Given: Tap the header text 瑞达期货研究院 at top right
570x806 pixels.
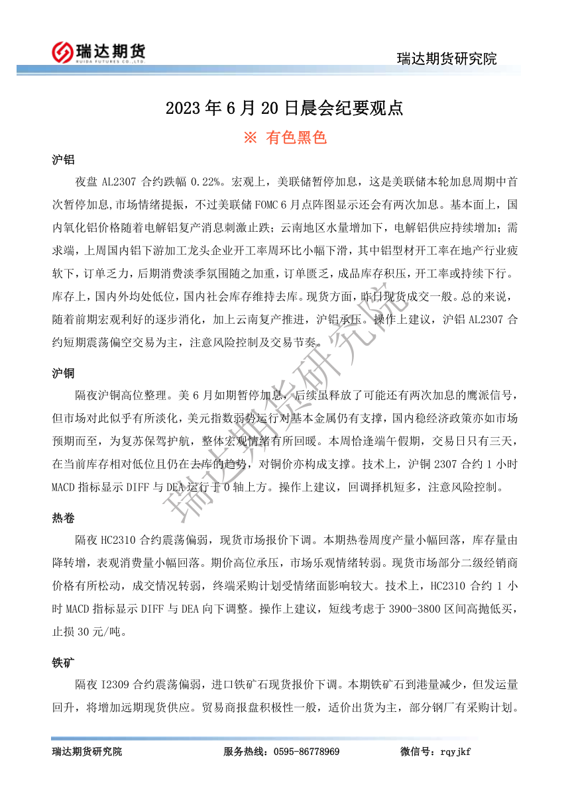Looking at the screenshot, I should (447, 58).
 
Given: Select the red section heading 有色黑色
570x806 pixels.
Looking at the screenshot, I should (296, 137).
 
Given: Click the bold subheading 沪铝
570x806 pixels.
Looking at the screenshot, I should (63, 160).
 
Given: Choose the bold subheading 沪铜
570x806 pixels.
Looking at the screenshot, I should (63, 374).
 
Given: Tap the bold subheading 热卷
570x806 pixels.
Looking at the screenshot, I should (63, 518).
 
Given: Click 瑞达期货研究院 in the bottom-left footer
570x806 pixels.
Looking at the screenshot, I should (87, 752).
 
